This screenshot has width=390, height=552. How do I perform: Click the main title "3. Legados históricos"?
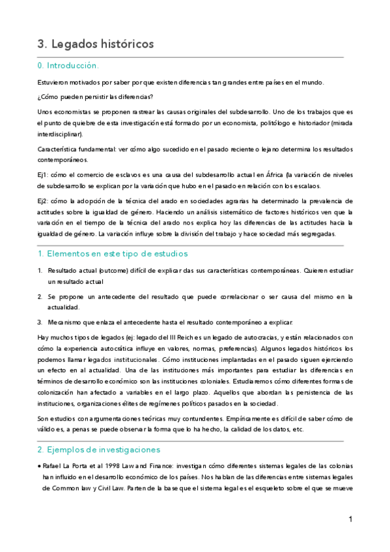(x=96, y=44)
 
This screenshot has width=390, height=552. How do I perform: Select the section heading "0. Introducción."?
(x=68, y=66)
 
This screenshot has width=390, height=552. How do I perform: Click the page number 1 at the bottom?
(x=350, y=519)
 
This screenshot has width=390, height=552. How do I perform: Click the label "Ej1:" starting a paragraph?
(x=43, y=174)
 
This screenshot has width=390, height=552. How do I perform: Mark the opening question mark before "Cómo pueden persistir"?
(x=39, y=97)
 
